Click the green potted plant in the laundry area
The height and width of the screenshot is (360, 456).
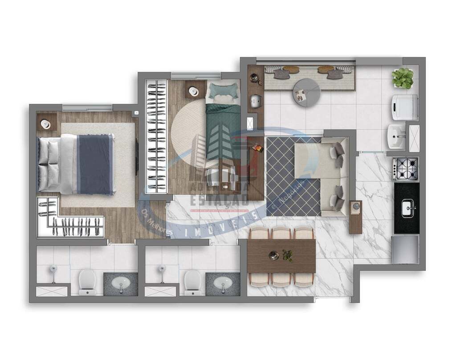pyautogui.click(x=403, y=78)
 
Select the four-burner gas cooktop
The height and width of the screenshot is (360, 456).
pyautogui.click(x=406, y=168)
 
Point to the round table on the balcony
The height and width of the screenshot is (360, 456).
pyautogui.click(x=307, y=93)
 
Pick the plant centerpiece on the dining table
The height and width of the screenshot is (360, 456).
pyautogui.click(x=287, y=255)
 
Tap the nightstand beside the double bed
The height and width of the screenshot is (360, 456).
pyautogui.click(x=46, y=122)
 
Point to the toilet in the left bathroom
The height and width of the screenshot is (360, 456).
pyautogui.click(x=87, y=282)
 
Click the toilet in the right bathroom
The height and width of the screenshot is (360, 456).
pyautogui.click(x=193, y=282)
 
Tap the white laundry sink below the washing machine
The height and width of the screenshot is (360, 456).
pyautogui.click(x=396, y=137)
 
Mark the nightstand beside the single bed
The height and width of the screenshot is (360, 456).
pyautogui.click(x=194, y=90)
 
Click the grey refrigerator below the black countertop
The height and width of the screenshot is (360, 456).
pyautogui.click(x=405, y=250)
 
